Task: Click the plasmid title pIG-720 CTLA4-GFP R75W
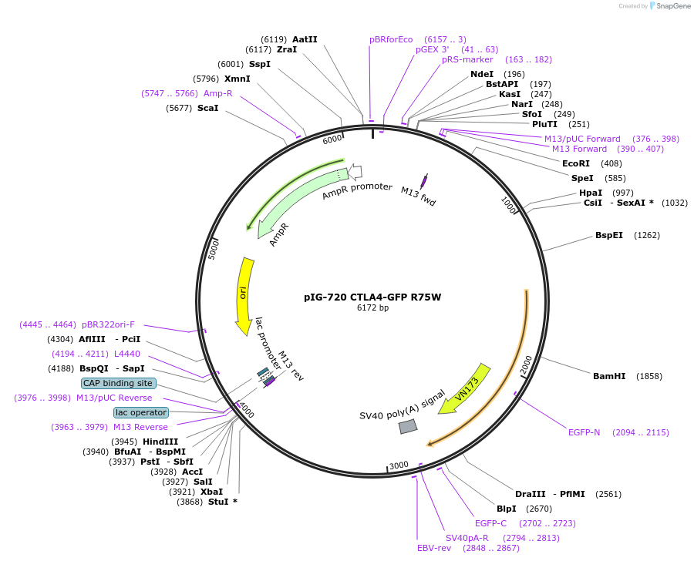pyautogui.click(x=372, y=297)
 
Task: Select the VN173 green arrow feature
pyautogui.click(x=467, y=388)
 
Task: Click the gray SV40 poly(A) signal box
pyautogui.click(x=408, y=426)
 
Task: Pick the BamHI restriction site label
pyautogui.click(x=608, y=376)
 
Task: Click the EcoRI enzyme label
pyautogui.click(x=575, y=163)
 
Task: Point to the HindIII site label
pyautogui.click(x=160, y=442)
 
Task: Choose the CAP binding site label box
pyautogui.click(x=119, y=383)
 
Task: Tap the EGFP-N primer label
pyautogui.click(x=584, y=432)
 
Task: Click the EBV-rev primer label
pyautogui.click(x=433, y=548)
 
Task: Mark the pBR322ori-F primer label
pyautogui.click(x=108, y=324)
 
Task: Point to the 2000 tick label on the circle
pyautogui.click(x=527, y=364)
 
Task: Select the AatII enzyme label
pyautogui.click(x=305, y=39)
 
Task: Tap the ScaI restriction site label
pyautogui.click(x=207, y=108)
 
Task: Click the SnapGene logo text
pyautogui.click(x=673, y=6)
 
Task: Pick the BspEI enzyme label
pyautogui.click(x=609, y=235)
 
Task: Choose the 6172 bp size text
pyautogui.click(x=372, y=308)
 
